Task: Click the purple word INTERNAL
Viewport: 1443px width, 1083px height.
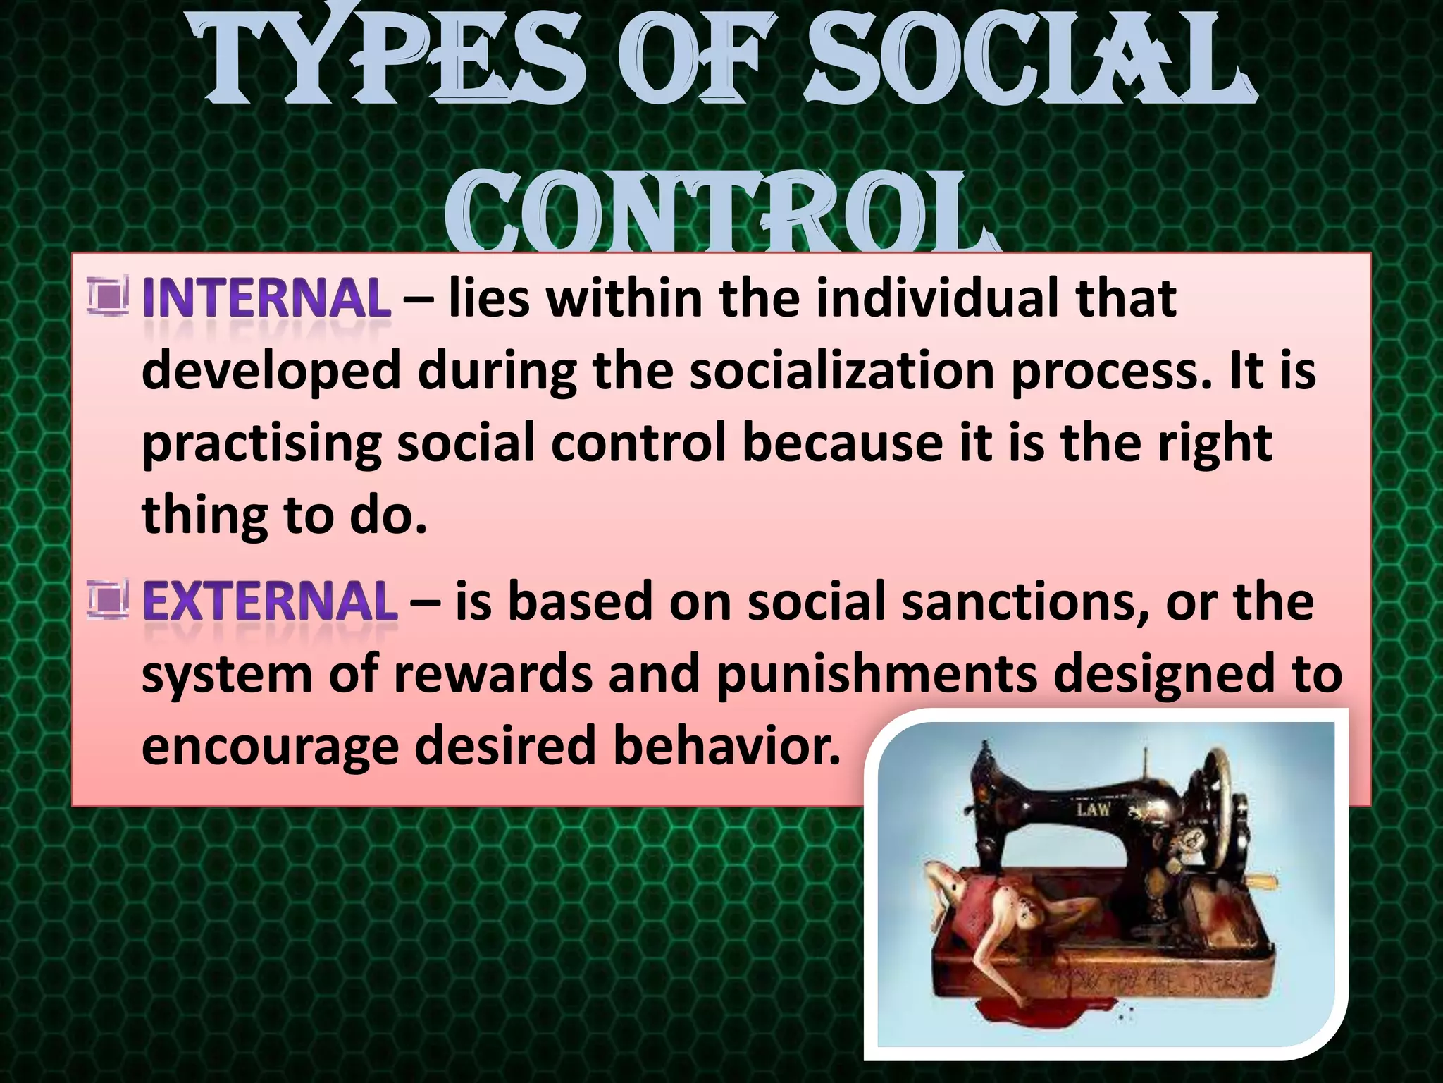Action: tap(266, 299)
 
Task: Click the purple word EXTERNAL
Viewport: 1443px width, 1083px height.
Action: tap(270, 602)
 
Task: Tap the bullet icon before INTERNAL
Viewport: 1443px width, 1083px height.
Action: tap(108, 296)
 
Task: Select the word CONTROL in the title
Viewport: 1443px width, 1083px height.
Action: tap(719, 215)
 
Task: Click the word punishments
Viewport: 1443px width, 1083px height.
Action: tap(877, 675)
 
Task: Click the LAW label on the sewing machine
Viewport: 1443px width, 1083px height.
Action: tap(1093, 809)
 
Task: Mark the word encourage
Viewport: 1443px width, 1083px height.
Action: tap(270, 747)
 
